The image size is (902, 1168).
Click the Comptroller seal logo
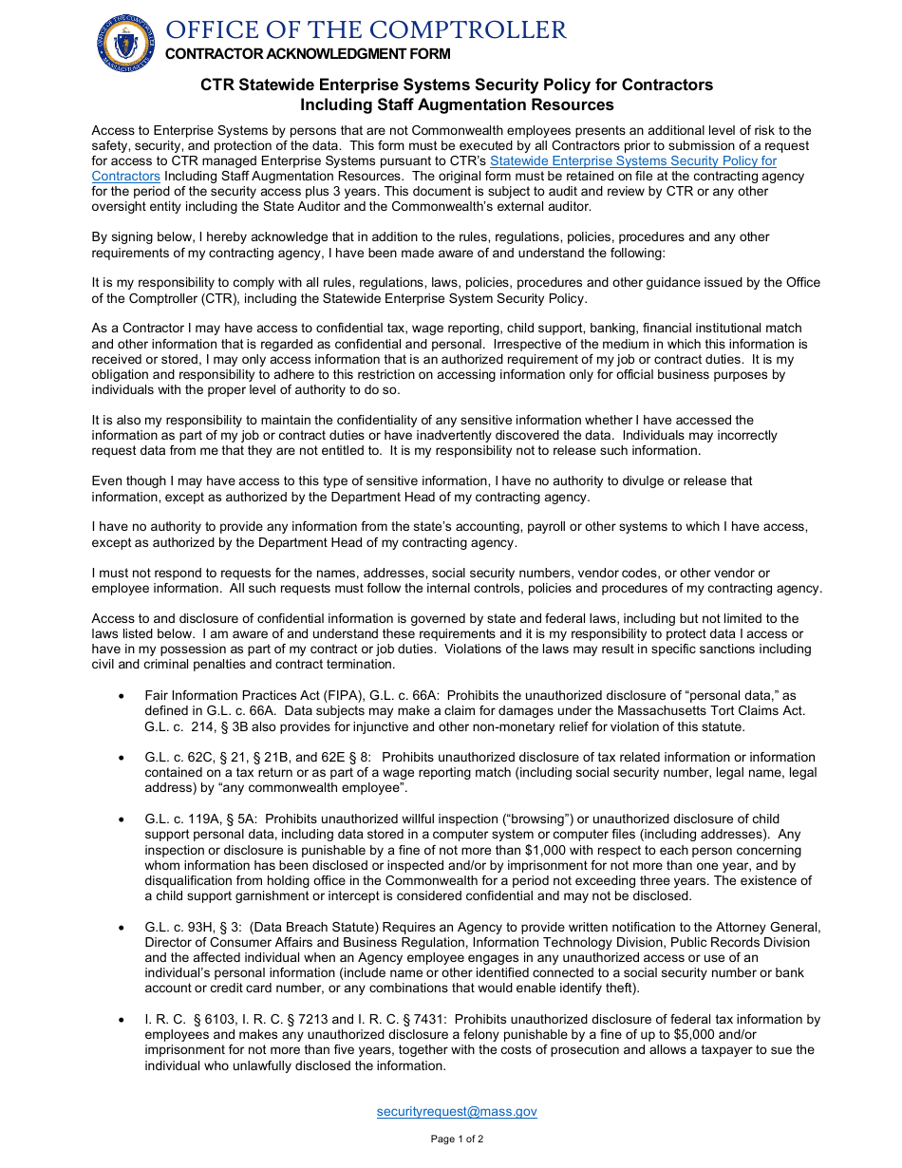point(125,43)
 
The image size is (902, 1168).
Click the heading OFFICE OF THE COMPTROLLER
point(366,30)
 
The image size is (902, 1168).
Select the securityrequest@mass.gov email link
point(457,1111)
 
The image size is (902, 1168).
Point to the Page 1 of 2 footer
point(457,1139)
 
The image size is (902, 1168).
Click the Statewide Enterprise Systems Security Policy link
point(632,161)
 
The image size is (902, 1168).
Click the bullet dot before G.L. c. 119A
point(121,819)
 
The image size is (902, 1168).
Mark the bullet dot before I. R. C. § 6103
point(121,1020)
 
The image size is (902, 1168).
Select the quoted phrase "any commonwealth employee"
point(325,788)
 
